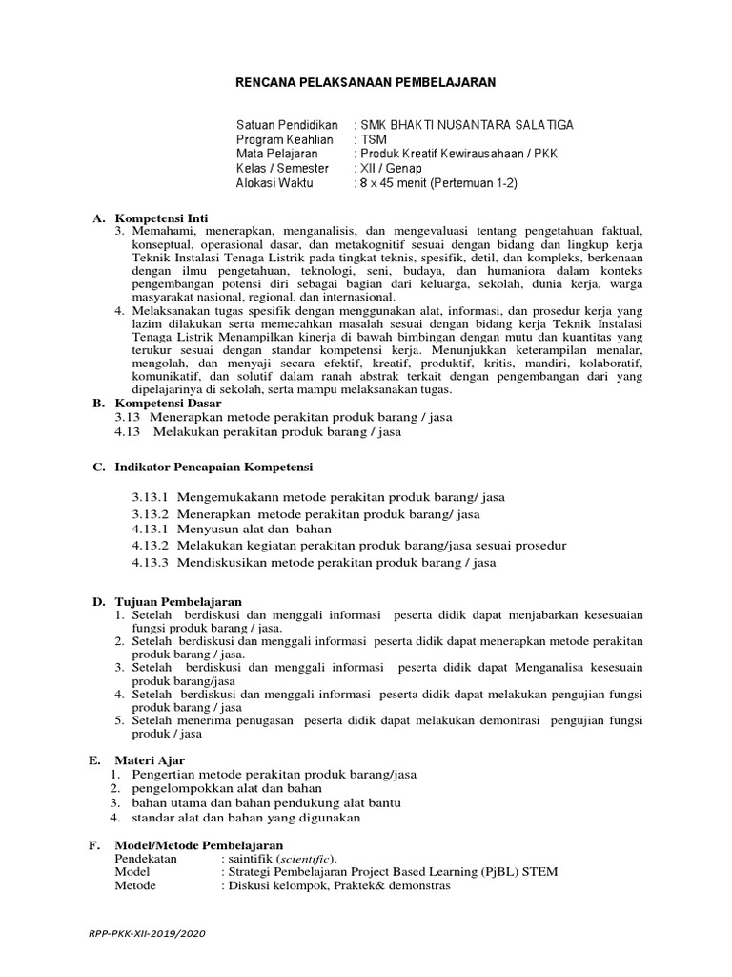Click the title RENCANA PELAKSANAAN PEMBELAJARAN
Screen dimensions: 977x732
[366, 83]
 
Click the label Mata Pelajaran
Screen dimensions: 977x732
[278, 154]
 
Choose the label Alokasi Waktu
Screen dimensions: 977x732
[274, 182]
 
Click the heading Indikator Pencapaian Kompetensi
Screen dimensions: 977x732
[213, 467]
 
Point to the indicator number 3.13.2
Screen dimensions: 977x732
[150, 514]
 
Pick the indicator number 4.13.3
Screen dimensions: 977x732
[150, 562]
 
